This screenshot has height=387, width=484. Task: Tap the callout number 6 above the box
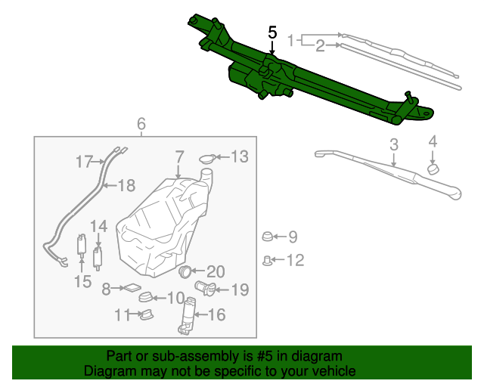(141, 124)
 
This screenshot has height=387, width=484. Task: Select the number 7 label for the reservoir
(178, 156)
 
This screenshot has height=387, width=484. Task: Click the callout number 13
(239, 156)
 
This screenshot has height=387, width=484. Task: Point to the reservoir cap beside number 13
(208, 158)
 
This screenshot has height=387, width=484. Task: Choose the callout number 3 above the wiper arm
(394, 144)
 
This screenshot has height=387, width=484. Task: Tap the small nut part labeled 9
(268, 237)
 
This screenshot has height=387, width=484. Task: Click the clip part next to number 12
(268, 261)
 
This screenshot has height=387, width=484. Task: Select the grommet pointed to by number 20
(187, 270)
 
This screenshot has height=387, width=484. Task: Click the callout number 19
(239, 289)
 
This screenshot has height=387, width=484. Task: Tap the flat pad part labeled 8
(132, 287)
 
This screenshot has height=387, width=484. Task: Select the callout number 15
(82, 282)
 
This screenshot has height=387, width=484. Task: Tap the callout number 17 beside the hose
(84, 161)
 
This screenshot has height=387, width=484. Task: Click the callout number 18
(126, 184)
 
